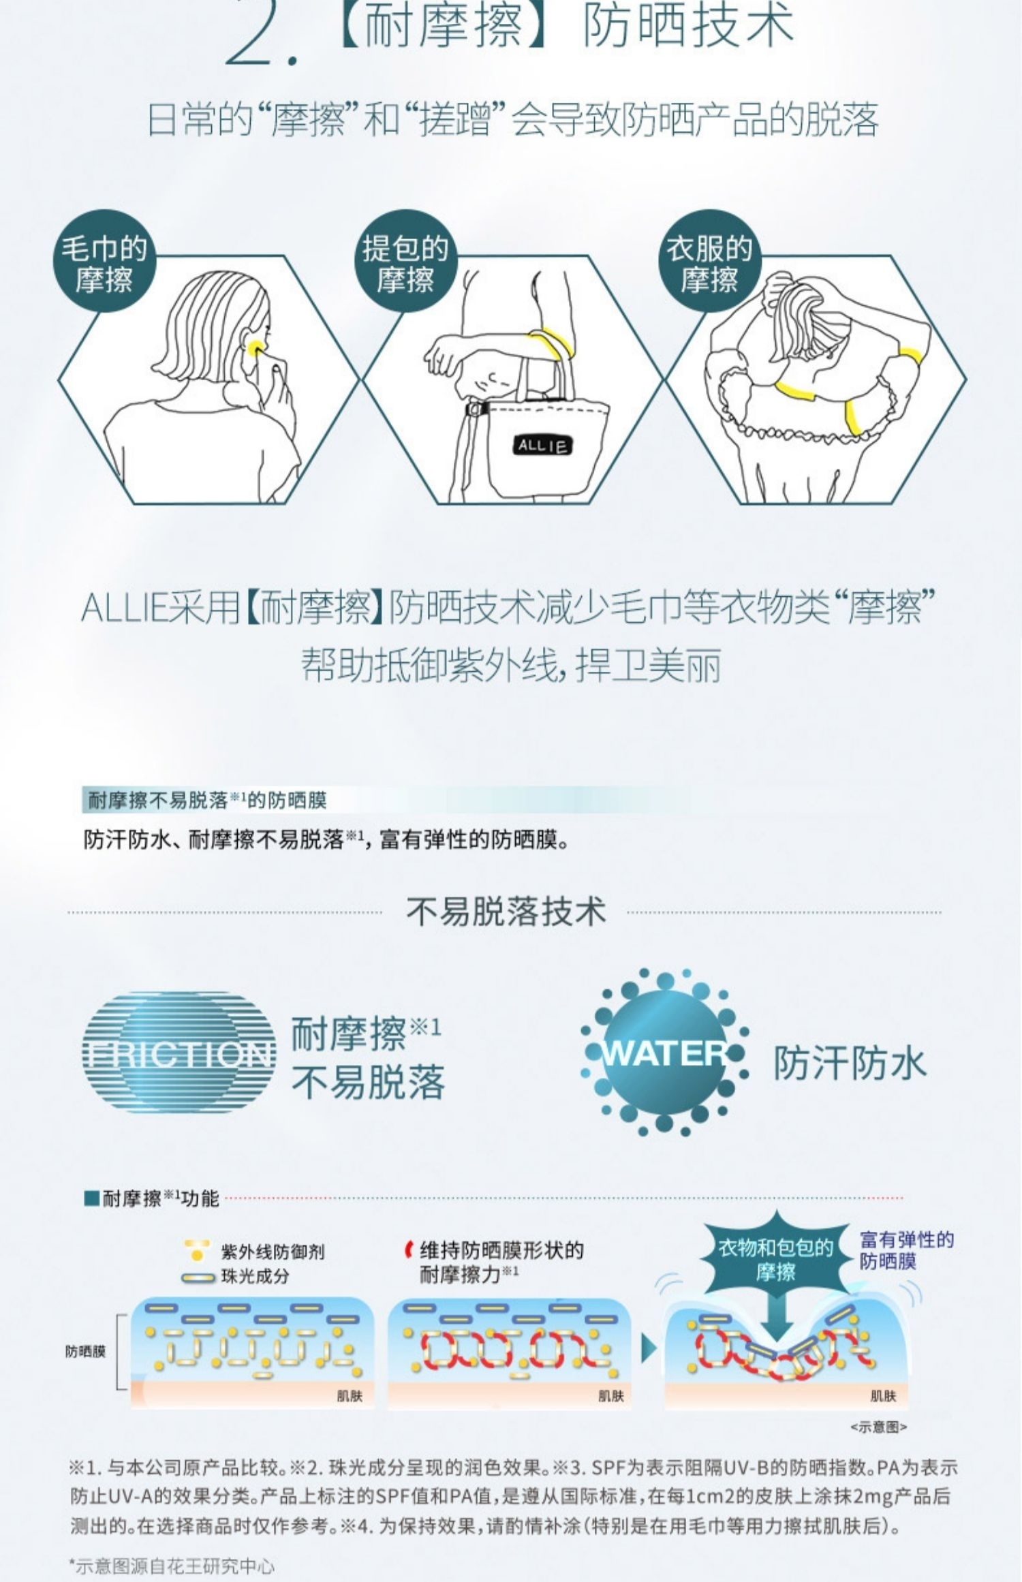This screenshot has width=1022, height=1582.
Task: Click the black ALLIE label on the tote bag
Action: coord(542,446)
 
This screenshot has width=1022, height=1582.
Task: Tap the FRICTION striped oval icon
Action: coord(179,1055)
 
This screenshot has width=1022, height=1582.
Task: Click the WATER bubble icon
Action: coord(664,1053)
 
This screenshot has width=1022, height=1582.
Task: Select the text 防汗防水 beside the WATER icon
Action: coord(850,1062)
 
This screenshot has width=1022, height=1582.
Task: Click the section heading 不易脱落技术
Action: coord(506,911)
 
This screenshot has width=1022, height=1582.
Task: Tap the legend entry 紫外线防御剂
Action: coord(272,1252)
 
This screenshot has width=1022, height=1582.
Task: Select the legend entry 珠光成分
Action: coord(254,1276)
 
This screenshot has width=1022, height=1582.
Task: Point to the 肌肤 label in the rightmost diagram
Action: coord(883,1395)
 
